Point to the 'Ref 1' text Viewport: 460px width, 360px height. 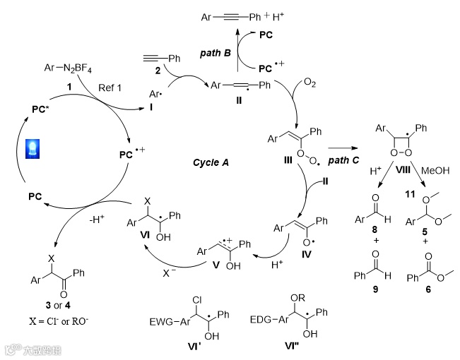(x=110, y=86)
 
